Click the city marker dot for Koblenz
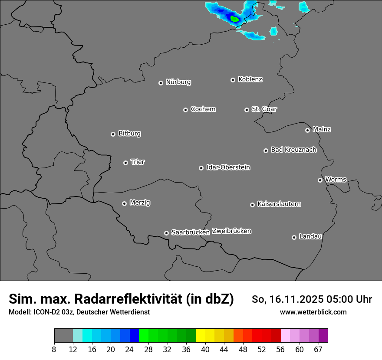coord(233,80)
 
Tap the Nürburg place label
coord(178,82)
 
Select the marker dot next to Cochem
coord(185,110)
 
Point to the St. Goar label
coord(264,109)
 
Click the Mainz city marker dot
coord(308,130)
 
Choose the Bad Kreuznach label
coord(293,150)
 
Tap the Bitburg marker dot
coord(113,134)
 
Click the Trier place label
coord(138,162)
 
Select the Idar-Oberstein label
coord(228,167)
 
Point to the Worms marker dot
coord(320,180)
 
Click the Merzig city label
coord(140,203)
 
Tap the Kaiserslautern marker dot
coord(253,205)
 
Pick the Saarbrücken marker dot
coord(166,233)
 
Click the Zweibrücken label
coord(231,231)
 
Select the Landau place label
coord(310,236)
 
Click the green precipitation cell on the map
coord(235,19)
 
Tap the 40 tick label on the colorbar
coord(205,350)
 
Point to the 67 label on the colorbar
coord(318,350)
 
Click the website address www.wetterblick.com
coord(313,312)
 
